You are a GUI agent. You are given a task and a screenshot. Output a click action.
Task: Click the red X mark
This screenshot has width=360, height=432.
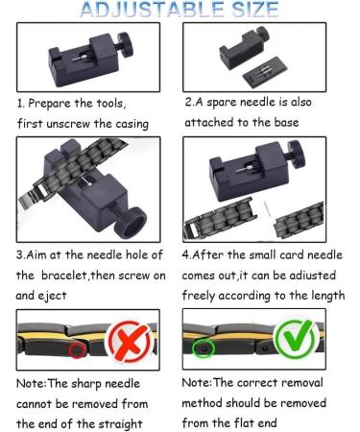click(130, 341)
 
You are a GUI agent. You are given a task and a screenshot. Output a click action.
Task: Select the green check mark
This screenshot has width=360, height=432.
click(295, 339)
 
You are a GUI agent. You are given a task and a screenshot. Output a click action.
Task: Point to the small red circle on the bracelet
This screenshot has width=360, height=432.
click(78, 350)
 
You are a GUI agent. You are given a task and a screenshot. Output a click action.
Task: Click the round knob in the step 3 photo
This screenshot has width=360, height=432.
click(131, 223)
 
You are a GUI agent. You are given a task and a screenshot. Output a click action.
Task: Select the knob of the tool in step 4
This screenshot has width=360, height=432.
click(297, 155)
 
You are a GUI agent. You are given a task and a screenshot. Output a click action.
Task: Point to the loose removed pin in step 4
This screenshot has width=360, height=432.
click(267, 208)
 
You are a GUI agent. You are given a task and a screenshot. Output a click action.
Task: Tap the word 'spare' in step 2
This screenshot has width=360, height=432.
click(222, 103)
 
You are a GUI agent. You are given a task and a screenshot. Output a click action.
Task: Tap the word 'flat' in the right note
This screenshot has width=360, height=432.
click(239, 423)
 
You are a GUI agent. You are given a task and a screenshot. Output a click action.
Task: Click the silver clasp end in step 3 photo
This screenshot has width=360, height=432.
click(31, 198)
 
